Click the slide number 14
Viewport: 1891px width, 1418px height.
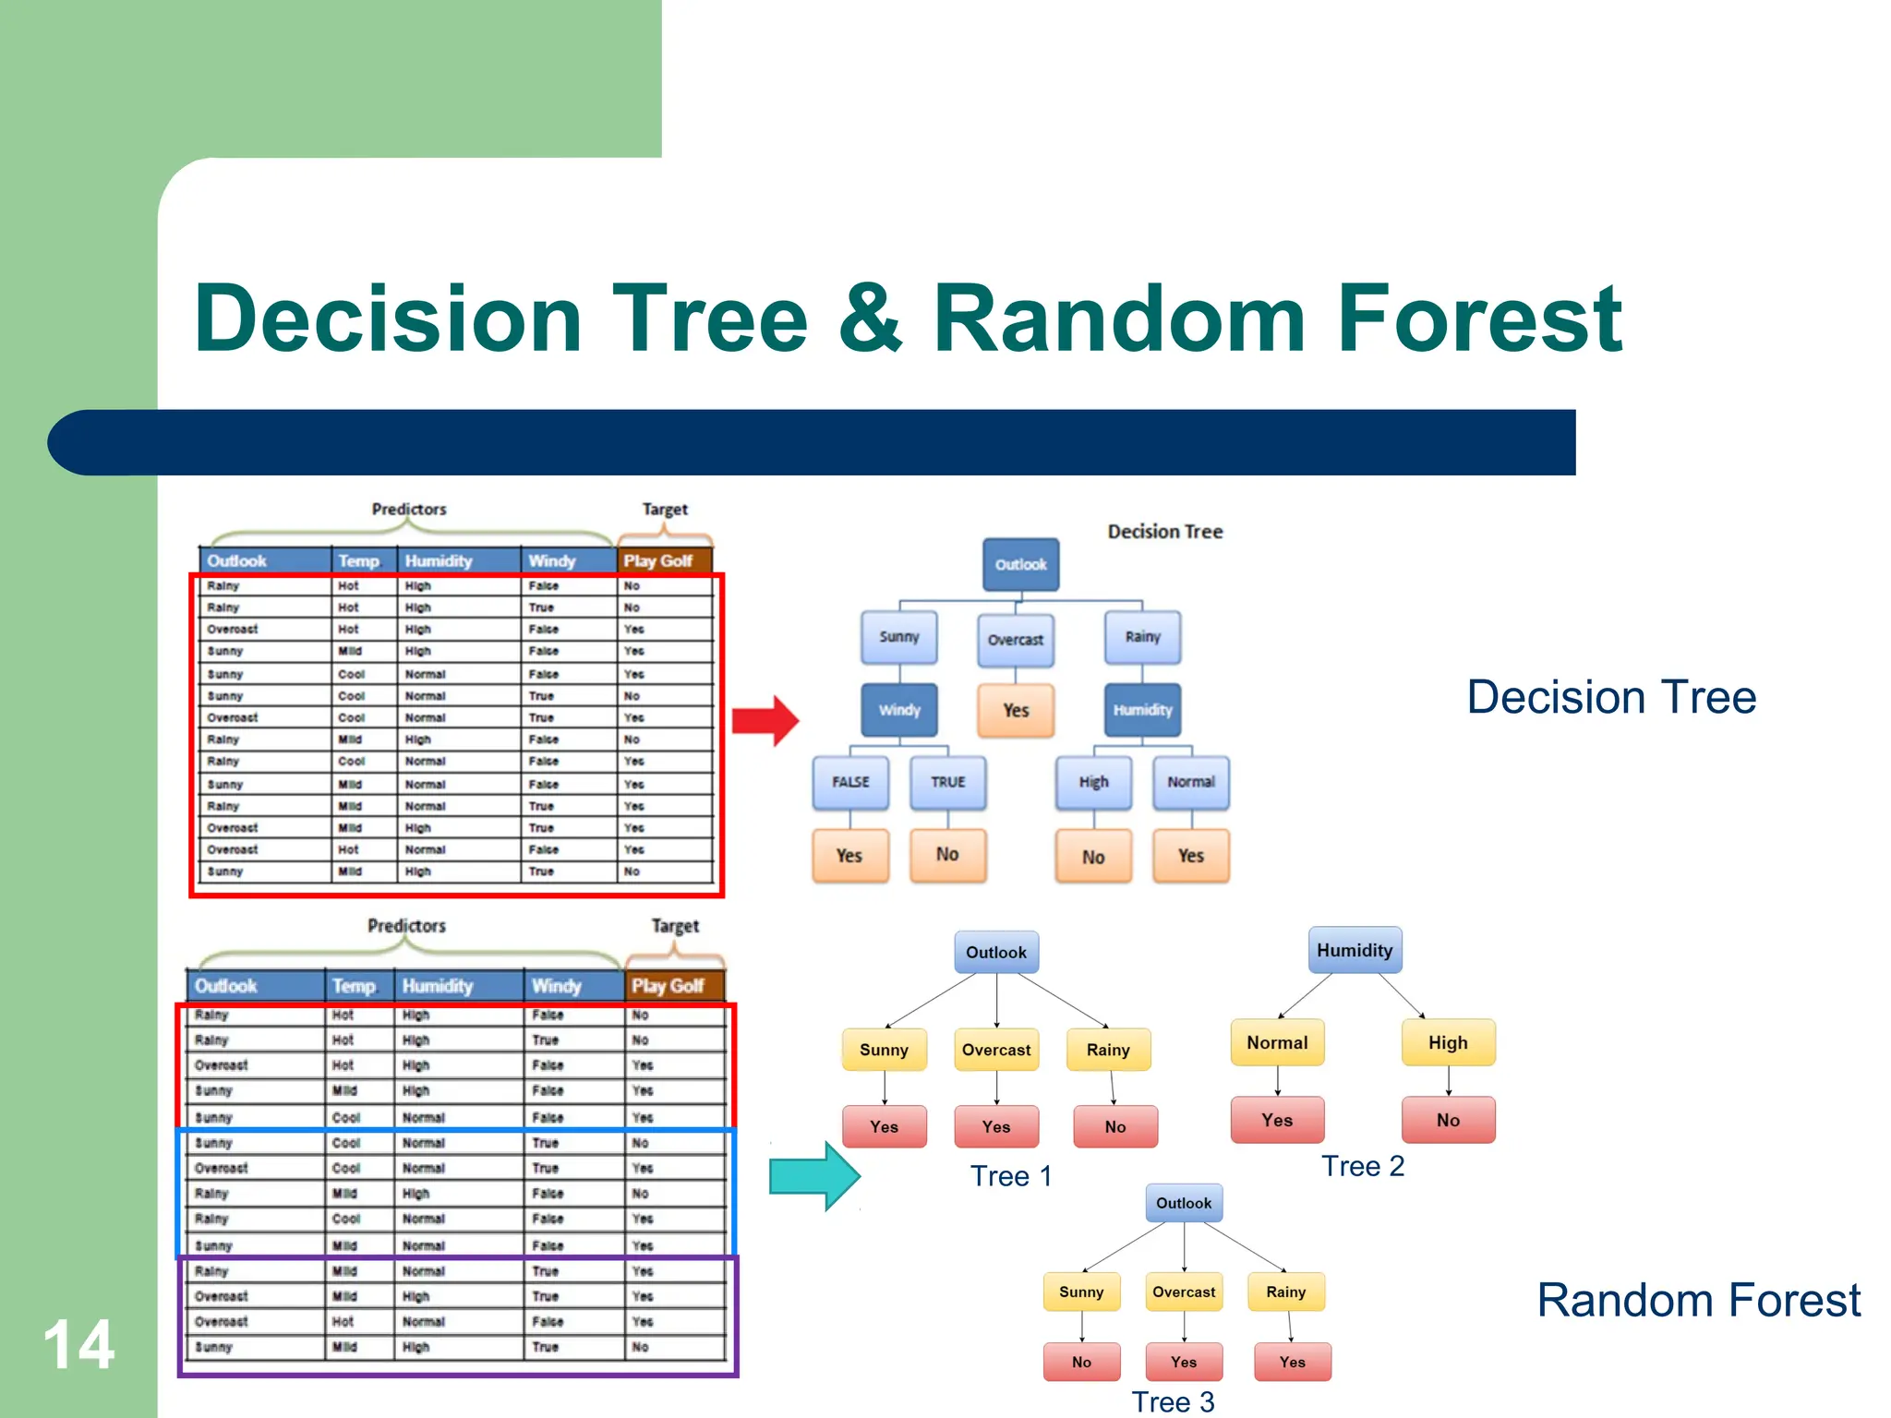click(x=79, y=1344)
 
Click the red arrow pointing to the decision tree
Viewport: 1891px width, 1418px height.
click(x=765, y=720)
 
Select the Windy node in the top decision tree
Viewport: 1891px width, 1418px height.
click(x=899, y=710)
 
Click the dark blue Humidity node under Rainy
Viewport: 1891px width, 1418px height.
click(x=1142, y=710)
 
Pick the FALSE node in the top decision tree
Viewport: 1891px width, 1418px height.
click(x=850, y=782)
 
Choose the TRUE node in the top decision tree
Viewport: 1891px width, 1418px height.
click(x=947, y=782)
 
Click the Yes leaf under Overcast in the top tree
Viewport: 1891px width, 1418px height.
click(x=1016, y=710)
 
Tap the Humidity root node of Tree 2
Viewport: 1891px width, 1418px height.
click(x=1355, y=950)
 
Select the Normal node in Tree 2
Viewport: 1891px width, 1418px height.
click(x=1277, y=1042)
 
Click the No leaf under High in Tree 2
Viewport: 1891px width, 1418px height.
click(x=1448, y=1120)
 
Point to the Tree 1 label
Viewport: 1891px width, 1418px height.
click(x=1011, y=1176)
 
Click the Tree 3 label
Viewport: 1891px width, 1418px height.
click(x=1173, y=1401)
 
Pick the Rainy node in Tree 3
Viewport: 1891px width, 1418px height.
click(x=1285, y=1292)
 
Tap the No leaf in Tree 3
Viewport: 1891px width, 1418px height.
click(x=1081, y=1362)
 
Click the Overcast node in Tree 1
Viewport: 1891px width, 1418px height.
click(x=996, y=1050)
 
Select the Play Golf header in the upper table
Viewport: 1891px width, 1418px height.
click(x=658, y=560)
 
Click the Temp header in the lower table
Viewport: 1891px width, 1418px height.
click(x=354, y=986)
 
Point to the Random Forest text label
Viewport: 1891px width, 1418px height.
click(x=1698, y=1300)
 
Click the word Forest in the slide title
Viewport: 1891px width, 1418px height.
click(x=1478, y=318)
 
